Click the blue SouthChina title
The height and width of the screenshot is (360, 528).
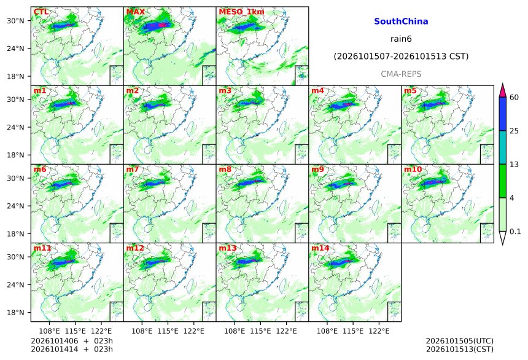401,22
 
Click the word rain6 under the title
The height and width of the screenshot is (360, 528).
401,39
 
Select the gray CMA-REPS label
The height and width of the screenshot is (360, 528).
401,74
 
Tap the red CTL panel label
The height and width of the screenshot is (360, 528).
41,12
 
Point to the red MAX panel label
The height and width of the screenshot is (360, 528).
135,12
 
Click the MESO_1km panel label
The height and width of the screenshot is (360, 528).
241,12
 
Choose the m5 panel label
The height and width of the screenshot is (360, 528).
410,91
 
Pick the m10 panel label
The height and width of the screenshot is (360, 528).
413,169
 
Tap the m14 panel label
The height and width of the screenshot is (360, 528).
320,248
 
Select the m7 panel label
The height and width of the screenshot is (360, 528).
133,169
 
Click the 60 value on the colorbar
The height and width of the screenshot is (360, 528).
514,98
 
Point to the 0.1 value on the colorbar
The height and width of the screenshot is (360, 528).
515,232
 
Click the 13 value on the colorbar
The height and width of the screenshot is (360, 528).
514,165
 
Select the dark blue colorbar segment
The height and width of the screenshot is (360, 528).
503,114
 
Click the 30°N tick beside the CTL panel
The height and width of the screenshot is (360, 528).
16,21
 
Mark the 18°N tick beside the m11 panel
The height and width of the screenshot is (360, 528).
16,313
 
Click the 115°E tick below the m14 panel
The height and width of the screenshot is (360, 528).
353,331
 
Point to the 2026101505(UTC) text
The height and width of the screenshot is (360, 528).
460,341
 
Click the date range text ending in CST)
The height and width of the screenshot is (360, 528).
401,57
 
